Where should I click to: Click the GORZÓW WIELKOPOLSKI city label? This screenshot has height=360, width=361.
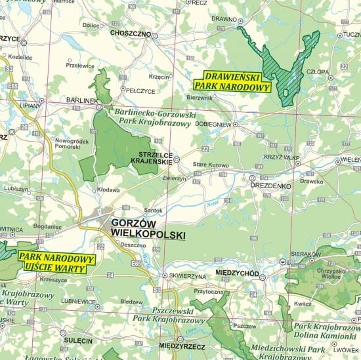[x=148, y=228]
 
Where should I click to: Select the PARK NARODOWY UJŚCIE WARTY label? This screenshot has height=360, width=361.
[x=57, y=262]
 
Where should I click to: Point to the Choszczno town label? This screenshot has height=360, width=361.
[x=131, y=33]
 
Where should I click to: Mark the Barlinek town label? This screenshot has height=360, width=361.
[x=81, y=100]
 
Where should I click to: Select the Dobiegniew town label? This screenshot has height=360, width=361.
[x=230, y=123]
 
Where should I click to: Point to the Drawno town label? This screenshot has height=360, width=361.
[x=224, y=18]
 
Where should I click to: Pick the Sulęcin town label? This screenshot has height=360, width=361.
[x=77, y=340]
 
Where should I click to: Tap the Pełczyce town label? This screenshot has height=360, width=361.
[x=140, y=90]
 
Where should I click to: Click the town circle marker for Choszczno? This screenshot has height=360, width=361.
[x=155, y=35]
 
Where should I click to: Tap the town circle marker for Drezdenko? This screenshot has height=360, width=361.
[x=252, y=178]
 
